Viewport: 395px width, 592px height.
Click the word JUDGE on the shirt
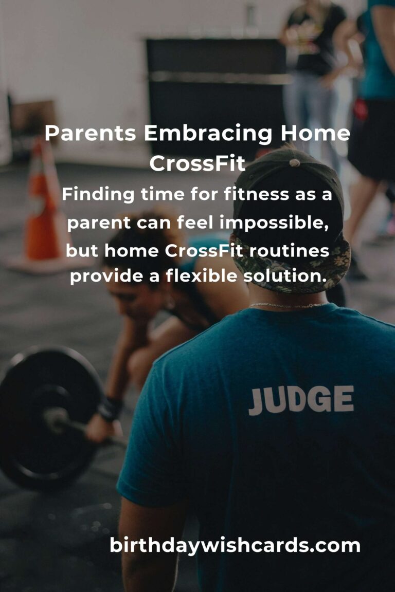pos(301,400)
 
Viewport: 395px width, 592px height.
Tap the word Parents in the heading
pos(91,133)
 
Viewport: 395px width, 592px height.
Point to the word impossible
pos(274,223)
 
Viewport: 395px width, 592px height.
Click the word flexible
pos(201,275)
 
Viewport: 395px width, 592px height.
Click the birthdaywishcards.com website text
pos(235,546)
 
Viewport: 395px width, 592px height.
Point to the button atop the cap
pos(295,163)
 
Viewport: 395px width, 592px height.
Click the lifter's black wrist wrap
pos(110,409)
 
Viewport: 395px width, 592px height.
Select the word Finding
pos(98,195)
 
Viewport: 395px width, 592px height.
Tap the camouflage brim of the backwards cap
pos(291,264)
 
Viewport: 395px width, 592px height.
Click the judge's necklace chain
pos(288,305)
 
